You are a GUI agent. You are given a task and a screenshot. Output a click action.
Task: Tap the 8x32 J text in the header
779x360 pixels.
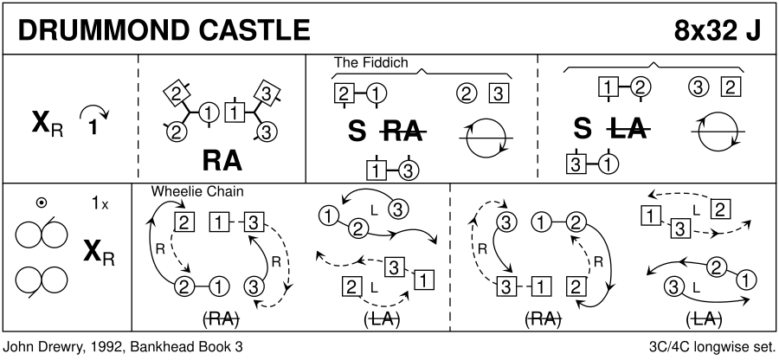coord(718,29)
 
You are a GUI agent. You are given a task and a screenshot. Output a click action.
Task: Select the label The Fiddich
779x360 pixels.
coord(370,63)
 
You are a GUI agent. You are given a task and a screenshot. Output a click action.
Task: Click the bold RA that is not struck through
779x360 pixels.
coord(222,162)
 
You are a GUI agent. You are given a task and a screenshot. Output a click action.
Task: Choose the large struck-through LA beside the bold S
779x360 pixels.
coord(629,130)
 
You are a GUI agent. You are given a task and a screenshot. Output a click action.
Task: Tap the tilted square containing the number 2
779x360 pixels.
coord(177,93)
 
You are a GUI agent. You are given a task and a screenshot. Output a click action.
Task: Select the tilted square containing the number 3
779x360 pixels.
coord(268,93)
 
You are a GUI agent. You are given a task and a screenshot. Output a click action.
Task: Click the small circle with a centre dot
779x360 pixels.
coord(42,203)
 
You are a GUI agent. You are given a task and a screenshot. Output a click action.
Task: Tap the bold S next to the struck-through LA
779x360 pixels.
coord(583,130)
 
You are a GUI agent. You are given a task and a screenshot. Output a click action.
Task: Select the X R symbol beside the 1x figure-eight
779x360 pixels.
coord(100,252)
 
